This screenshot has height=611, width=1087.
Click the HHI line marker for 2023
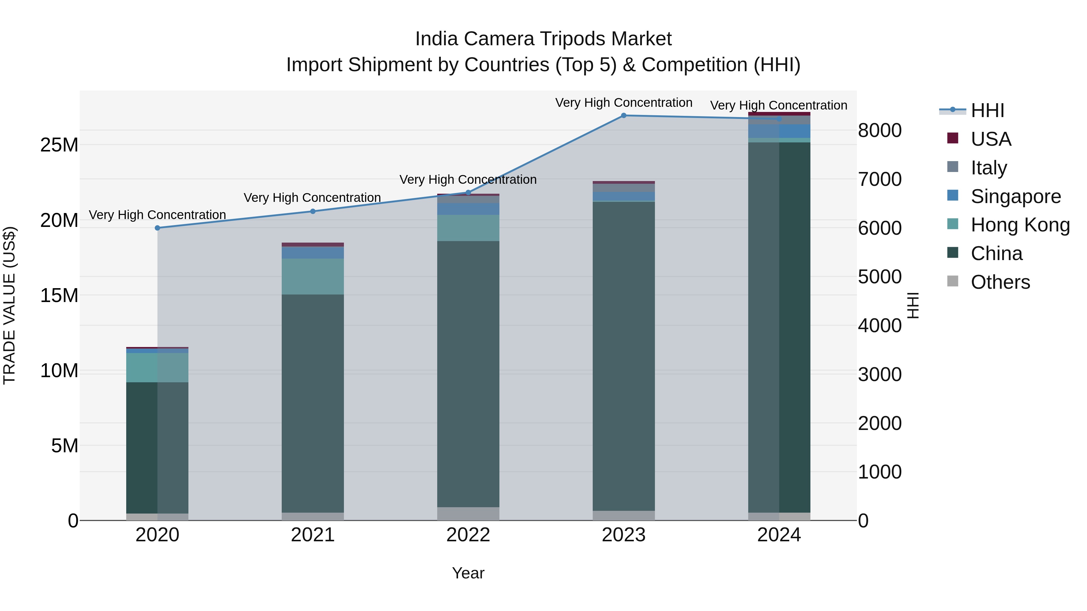[x=624, y=116]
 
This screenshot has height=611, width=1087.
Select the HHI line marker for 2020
[x=157, y=228]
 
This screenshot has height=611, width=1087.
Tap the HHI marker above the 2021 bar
[x=313, y=211]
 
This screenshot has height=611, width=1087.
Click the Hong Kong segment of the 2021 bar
[x=313, y=277]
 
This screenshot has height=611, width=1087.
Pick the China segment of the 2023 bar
[x=624, y=356]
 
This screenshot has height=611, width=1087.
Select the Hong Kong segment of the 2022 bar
[x=468, y=228]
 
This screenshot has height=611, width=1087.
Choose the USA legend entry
[x=990, y=139]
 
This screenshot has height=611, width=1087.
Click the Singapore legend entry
[x=1015, y=196]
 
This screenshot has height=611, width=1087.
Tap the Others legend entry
[x=1000, y=282]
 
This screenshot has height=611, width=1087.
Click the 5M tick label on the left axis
[x=65, y=446]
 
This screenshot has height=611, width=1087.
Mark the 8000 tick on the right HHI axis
[x=880, y=130]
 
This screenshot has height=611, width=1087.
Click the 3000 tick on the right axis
[x=880, y=374]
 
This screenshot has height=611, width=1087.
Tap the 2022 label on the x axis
[x=468, y=535]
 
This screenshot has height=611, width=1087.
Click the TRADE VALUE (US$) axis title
[x=9, y=305]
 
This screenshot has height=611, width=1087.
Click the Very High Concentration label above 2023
[x=624, y=103]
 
